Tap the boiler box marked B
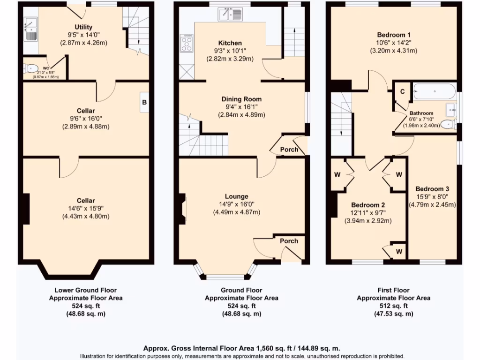[x=144, y=102]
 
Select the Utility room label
[x=83, y=27]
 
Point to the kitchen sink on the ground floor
[x=230, y=15]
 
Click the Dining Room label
[x=242, y=99]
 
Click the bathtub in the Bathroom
[x=435, y=91]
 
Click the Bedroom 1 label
[x=394, y=35]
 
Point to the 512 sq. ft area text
[x=393, y=306]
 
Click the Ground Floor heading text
[x=241, y=290]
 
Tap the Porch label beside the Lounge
[x=289, y=241]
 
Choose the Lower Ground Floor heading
[x=86, y=290]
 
